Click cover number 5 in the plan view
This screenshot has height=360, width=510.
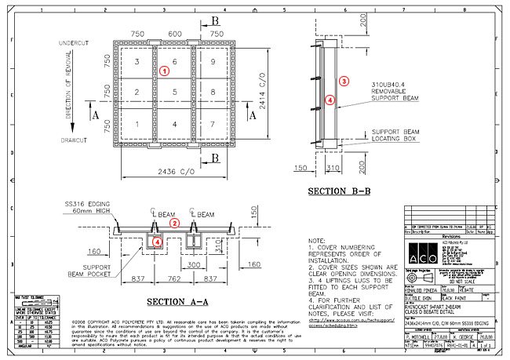(175, 93)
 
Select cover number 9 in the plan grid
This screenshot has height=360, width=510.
(213, 61)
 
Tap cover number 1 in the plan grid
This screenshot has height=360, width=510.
(137, 124)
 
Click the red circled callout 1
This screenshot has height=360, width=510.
(164, 71)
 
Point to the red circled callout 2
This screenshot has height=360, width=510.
(176, 223)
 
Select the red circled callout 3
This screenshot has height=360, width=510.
(343, 81)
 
